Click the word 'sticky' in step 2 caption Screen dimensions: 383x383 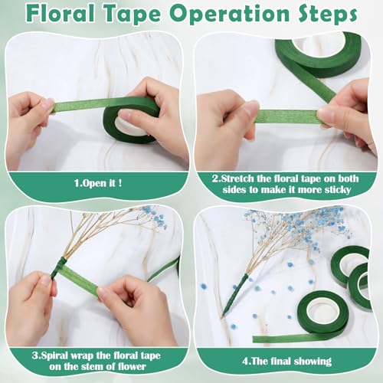coord(335,190)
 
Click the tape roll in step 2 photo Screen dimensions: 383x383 coord(317,54)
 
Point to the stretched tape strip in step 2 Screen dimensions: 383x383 coord(287,116)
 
